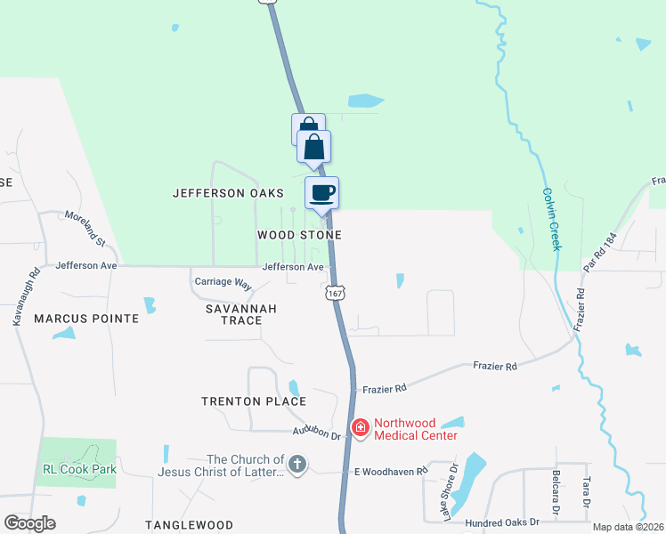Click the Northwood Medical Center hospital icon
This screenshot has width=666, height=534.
coord(361,429)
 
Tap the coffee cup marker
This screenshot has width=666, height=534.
coord(321,191)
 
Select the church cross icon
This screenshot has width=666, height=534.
coord(297,465)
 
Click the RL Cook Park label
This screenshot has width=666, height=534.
coord(79,469)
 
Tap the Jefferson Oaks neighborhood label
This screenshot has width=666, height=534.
coord(228,193)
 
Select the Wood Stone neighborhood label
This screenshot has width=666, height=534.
coord(299,235)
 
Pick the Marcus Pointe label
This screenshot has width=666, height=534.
coord(86,319)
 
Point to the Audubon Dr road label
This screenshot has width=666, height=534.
coord(318,434)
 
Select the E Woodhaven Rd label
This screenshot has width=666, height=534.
coord(386,471)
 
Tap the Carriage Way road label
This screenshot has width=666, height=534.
coord(223,281)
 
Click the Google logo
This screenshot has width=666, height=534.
coord(30,523)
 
